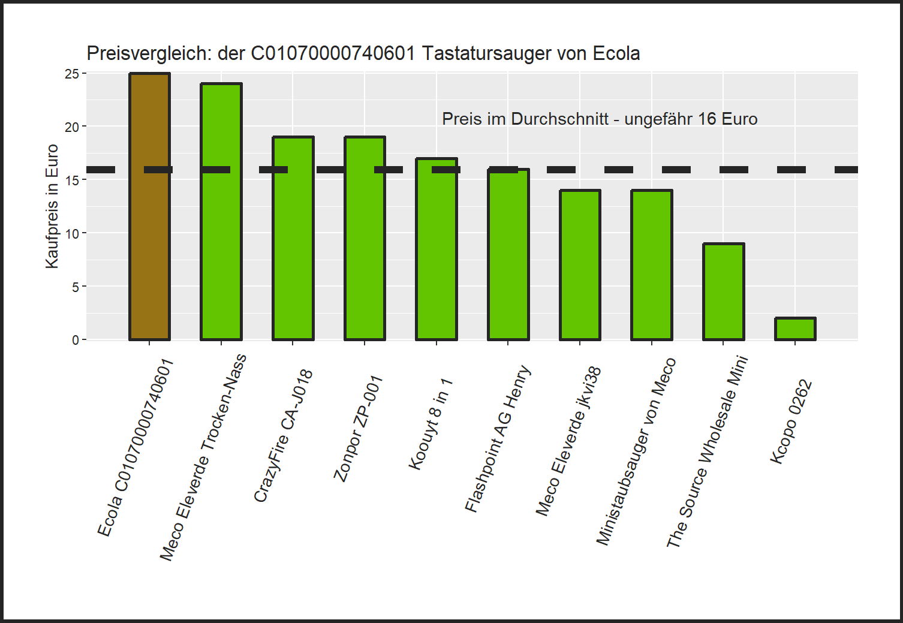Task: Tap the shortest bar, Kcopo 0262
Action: coord(795,329)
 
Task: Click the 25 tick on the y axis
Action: coord(72,74)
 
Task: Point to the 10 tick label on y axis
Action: coord(72,234)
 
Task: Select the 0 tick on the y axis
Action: coord(76,341)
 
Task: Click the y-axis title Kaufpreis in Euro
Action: coord(52,206)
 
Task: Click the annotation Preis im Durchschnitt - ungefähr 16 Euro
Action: coord(600,119)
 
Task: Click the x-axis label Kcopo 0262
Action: coord(791,422)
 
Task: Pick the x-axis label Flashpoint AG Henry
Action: coord(498,439)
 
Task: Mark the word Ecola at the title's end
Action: coord(616,53)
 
